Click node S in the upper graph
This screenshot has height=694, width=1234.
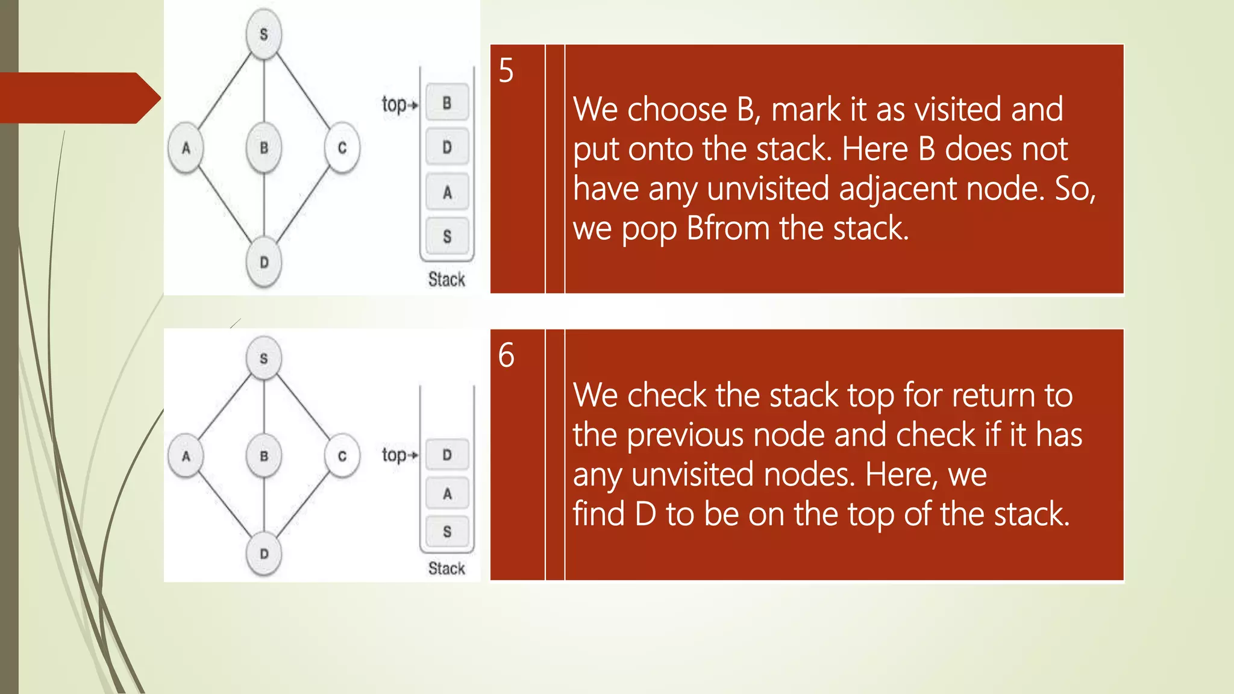coord(264,34)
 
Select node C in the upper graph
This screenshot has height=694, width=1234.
coord(342,148)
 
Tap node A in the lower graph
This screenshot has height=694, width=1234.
coord(186,456)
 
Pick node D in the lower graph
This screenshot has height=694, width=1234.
coord(264,554)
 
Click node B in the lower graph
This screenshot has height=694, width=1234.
coord(264,456)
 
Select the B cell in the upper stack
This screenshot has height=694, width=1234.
coord(446,103)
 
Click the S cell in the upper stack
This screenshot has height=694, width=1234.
coord(446,237)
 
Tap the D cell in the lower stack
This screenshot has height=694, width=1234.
coord(446,455)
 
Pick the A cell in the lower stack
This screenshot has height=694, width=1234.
coord(446,494)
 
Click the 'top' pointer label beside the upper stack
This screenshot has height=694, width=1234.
coord(395,104)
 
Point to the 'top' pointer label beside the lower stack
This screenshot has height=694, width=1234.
coord(395,455)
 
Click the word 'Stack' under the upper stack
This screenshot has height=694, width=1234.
coord(446,280)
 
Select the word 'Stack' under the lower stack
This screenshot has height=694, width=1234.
coord(446,568)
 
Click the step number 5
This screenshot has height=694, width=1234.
coord(506,71)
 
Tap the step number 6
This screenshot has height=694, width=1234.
coord(506,355)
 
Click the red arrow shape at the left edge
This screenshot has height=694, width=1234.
coord(78,98)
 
